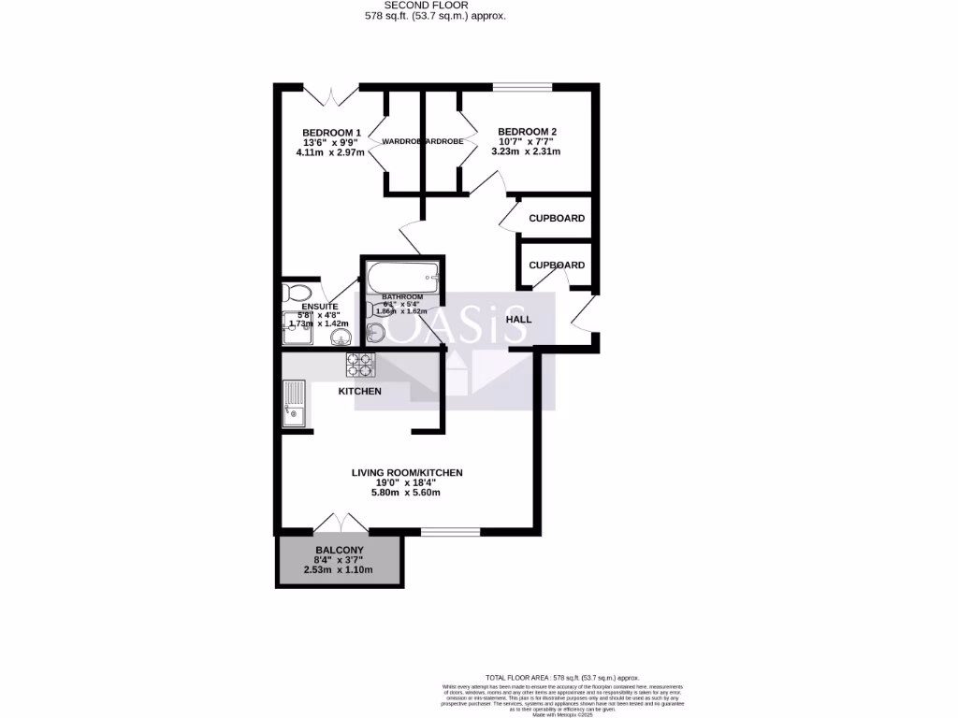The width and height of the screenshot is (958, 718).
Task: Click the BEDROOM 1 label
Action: (x=331, y=132)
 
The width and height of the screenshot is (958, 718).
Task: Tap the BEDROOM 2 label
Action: (x=528, y=132)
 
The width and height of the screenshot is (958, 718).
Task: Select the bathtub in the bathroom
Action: (x=401, y=277)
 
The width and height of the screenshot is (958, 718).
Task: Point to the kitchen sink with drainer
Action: (x=294, y=403)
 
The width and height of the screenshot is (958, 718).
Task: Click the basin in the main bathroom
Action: (x=378, y=332)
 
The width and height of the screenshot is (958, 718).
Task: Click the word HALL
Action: (x=518, y=320)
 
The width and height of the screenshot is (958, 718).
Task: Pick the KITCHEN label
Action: (x=359, y=391)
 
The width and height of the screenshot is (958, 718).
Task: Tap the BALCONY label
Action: (x=339, y=550)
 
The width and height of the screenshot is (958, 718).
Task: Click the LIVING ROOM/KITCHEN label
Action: (x=407, y=473)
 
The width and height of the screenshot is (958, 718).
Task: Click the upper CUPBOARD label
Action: (x=557, y=219)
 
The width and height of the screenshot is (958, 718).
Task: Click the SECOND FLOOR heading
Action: (x=435, y=5)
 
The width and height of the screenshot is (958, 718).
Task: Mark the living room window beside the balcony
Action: (x=451, y=532)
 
